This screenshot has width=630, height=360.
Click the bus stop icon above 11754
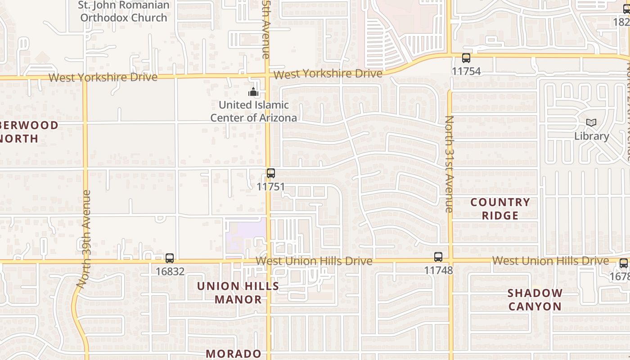(x=466, y=58)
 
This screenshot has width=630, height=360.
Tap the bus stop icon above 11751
(x=271, y=173)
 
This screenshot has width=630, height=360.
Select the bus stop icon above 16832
(x=170, y=258)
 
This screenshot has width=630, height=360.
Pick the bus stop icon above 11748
(x=438, y=257)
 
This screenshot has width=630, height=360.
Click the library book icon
(x=591, y=122)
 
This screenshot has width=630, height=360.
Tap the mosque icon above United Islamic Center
(x=253, y=92)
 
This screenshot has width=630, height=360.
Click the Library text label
(x=591, y=136)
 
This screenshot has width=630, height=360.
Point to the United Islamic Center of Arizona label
(x=254, y=111)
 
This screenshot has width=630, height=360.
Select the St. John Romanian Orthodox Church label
(x=124, y=12)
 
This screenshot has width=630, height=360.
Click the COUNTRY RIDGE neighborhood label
(x=500, y=209)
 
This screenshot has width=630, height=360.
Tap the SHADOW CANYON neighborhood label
(x=535, y=300)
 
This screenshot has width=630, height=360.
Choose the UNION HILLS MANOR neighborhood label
(x=238, y=292)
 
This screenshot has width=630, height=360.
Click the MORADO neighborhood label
(x=234, y=354)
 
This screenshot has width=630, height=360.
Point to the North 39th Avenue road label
(x=84, y=239)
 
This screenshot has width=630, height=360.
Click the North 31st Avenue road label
(x=449, y=164)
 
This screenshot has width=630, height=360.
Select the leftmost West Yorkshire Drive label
(x=103, y=77)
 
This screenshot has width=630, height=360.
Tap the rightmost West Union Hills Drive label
(x=550, y=261)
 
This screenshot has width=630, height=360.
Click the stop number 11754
(x=466, y=71)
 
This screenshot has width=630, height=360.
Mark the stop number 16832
(x=170, y=271)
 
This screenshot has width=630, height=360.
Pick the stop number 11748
(x=438, y=270)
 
